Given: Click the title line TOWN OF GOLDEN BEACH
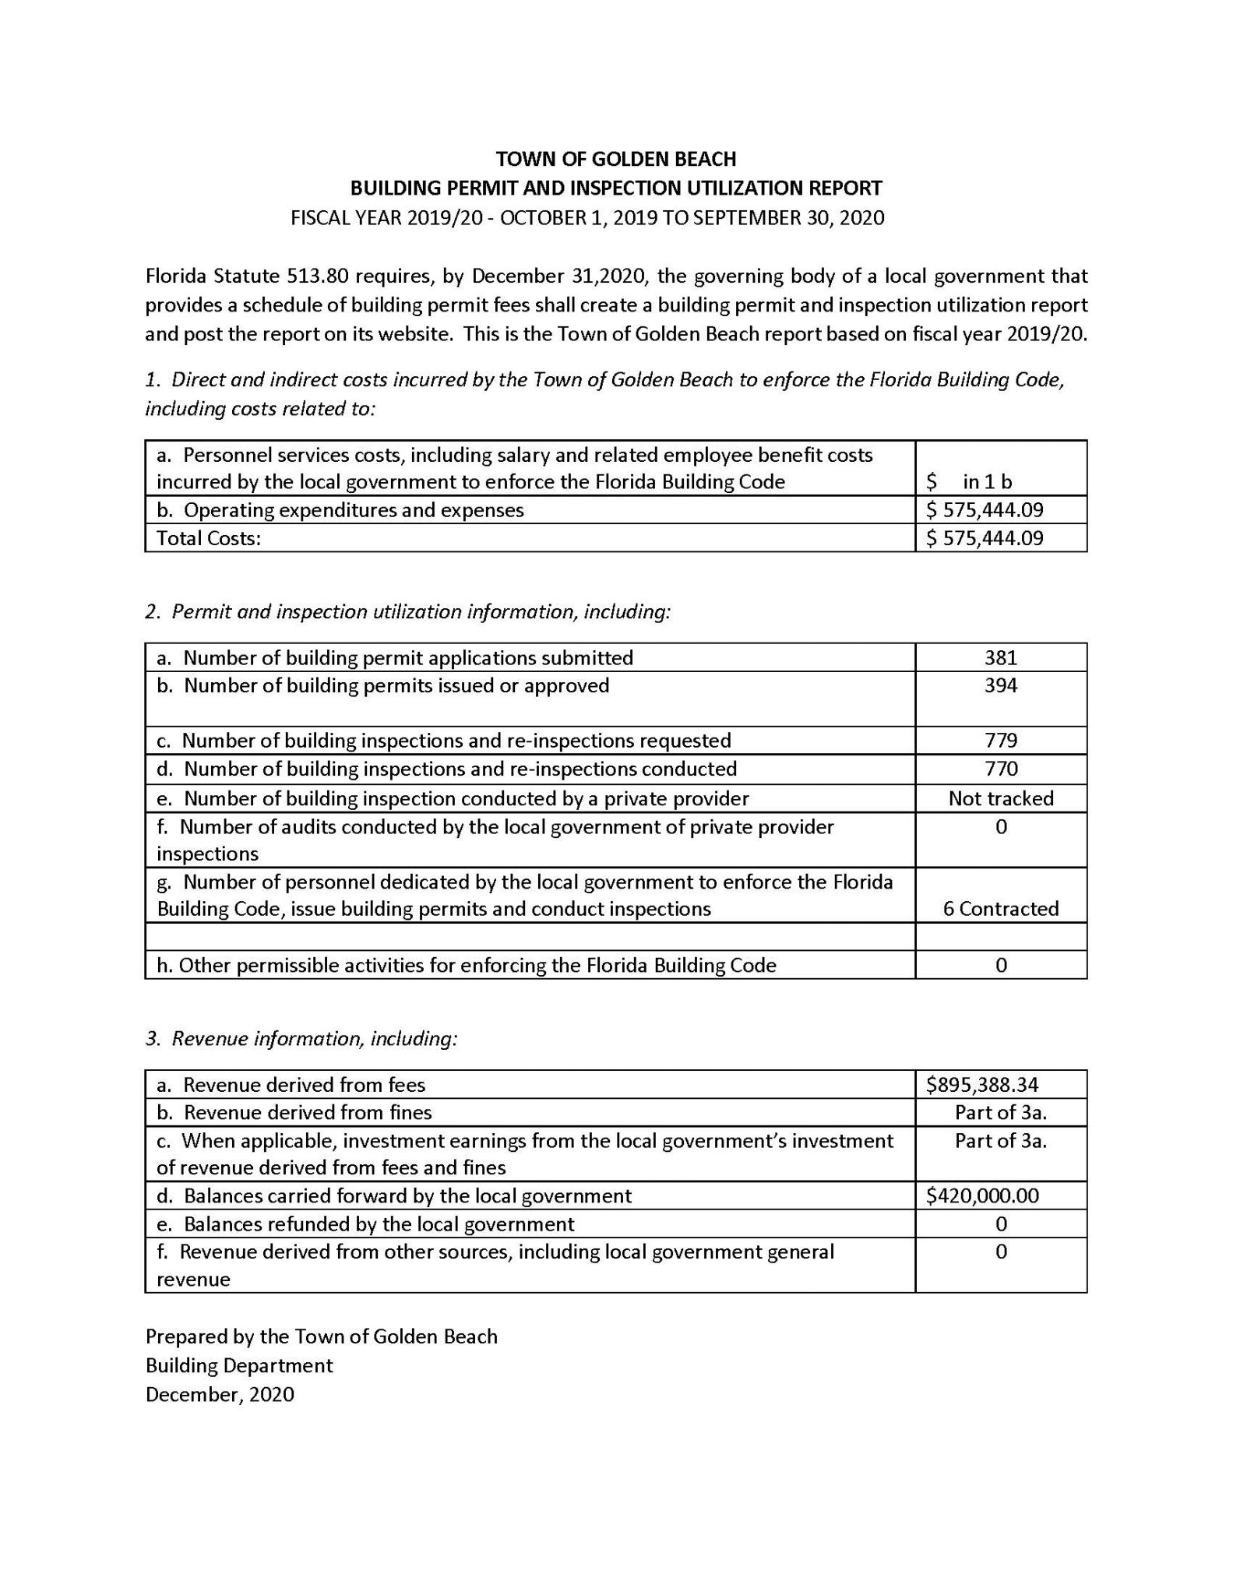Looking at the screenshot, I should pos(615,159).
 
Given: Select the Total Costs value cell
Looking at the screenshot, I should pos(985,538).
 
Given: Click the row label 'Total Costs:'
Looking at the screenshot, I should pos(209,538).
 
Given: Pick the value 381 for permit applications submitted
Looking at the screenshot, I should pos(1000,658).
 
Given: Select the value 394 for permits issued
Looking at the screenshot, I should pos(1000,686).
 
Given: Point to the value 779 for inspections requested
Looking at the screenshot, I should pos(1000,741).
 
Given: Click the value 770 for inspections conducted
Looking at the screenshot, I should pos(1000,769).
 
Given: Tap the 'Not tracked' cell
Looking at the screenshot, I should pos(1000,798).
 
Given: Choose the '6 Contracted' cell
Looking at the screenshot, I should pos(1000,909).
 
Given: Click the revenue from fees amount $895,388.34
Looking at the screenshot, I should pos(982,1085).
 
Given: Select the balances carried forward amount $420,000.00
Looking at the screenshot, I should pos(982,1196).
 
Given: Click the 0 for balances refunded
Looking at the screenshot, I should pos(1001,1224).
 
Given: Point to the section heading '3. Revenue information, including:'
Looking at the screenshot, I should pos(301,1039).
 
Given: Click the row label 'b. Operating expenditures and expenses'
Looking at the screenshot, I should pos(340,510).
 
